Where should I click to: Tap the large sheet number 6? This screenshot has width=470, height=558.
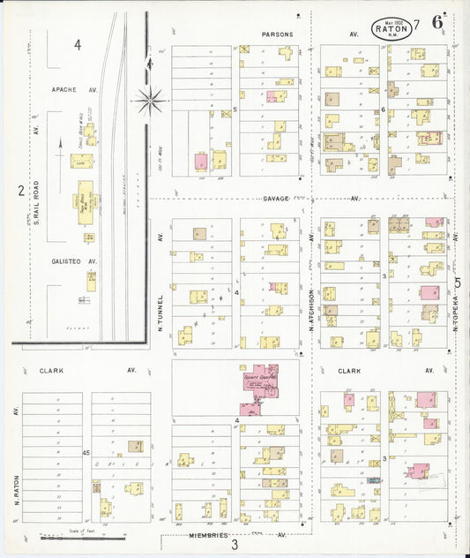point(438,23)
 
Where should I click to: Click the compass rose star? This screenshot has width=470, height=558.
point(151,99)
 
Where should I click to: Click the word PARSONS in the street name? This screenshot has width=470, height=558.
point(277,34)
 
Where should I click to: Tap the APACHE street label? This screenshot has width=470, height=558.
point(65,89)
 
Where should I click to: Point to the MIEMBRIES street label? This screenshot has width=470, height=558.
point(207,535)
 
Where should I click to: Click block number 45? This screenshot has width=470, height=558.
point(86,452)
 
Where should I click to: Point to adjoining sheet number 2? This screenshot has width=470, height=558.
point(19,190)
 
